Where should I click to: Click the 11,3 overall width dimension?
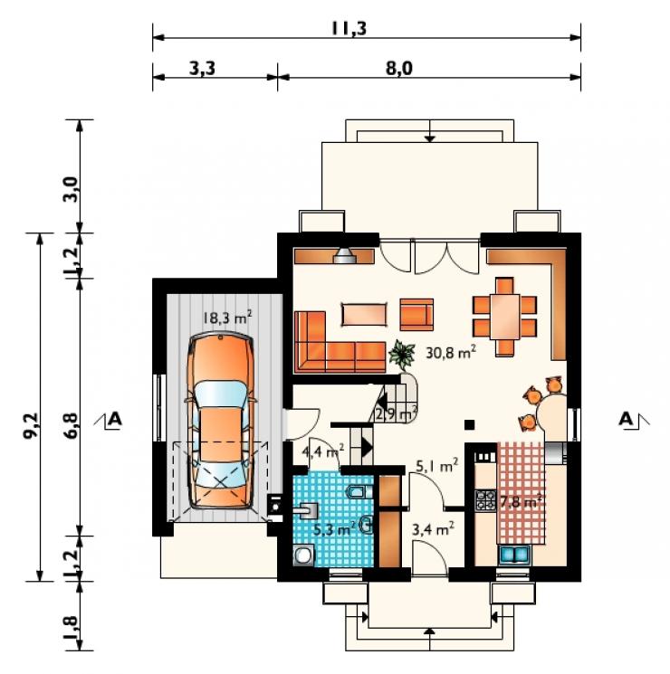(349, 29)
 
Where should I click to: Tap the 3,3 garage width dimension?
(202, 69)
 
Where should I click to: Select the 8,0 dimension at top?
(399, 69)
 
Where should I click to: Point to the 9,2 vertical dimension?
(31, 426)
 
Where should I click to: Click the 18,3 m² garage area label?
(226, 318)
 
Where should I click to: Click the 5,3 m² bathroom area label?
(333, 528)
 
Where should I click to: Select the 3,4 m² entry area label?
(433, 528)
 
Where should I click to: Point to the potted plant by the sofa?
(401, 355)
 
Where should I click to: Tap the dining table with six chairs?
(504, 317)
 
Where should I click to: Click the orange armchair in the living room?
(416, 315)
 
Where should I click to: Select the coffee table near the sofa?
(364, 315)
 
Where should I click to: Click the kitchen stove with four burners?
(485, 500)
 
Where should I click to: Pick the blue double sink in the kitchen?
(514, 555)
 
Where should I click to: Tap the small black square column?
(470, 424)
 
